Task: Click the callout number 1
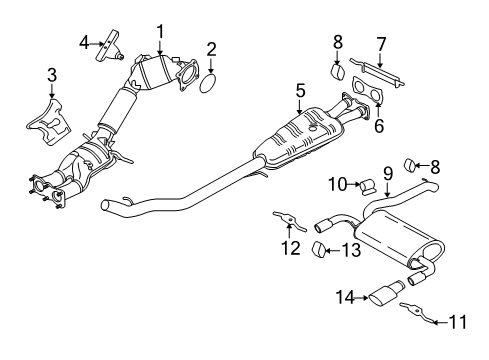(160, 32)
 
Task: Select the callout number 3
(52, 73)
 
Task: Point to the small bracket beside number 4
(108, 48)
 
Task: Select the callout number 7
(380, 43)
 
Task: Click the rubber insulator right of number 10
(367, 184)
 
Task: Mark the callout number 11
(459, 322)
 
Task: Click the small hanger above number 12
(288, 220)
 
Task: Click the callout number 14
(346, 296)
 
